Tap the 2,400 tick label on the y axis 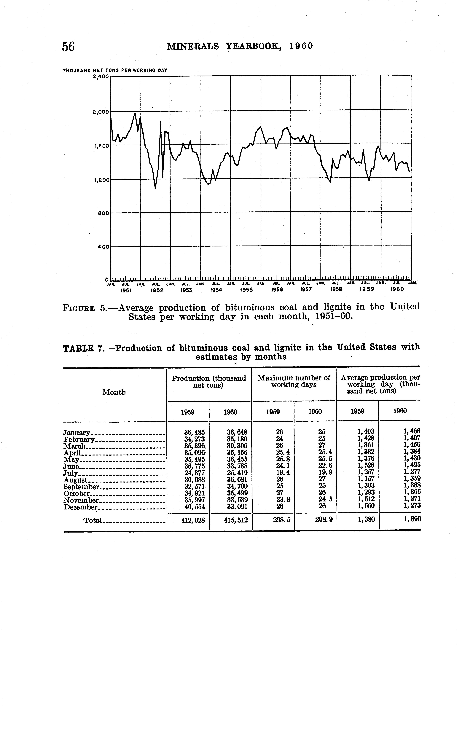click(101, 77)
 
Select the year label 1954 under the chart click(216, 290)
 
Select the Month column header click(114, 392)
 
